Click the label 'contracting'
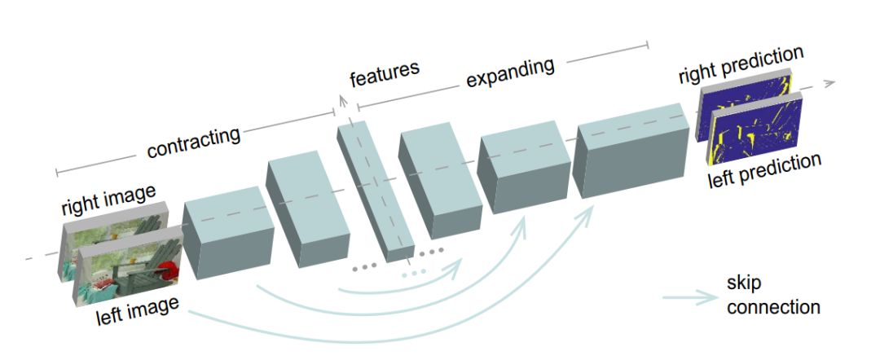[x=194, y=142]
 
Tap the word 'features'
[x=384, y=75]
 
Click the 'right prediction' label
[x=741, y=65]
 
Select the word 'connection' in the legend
[x=772, y=307]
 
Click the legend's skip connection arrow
[x=690, y=297]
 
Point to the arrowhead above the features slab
[x=342, y=99]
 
